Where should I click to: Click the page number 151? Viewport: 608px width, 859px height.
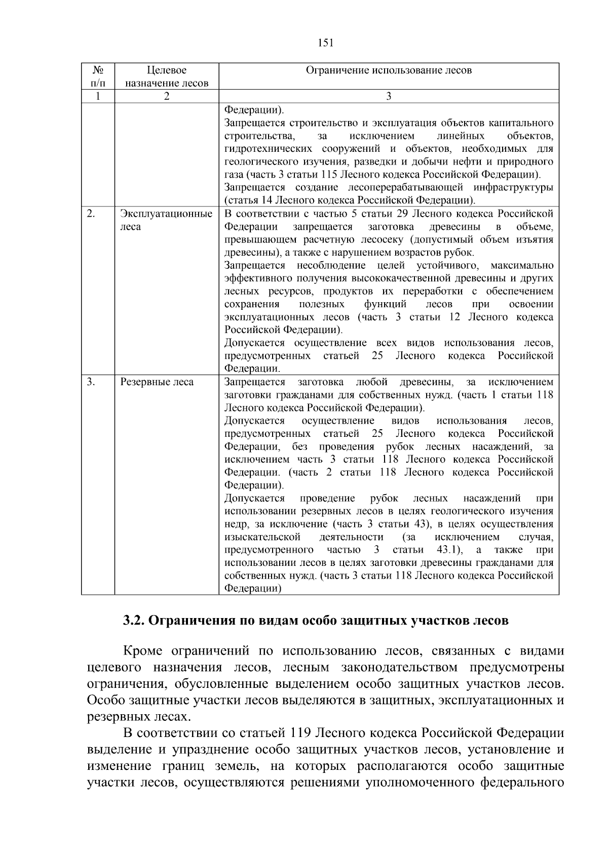(x=325, y=43)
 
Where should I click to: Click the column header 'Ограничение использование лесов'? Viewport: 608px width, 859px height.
(x=389, y=70)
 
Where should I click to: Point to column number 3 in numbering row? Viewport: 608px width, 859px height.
(x=389, y=97)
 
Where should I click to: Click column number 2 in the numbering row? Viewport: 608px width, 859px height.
(x=166, y=97)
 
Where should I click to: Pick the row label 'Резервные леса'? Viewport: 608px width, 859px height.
(x=157, y=382)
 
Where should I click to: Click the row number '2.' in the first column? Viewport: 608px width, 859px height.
(x=91, y=214)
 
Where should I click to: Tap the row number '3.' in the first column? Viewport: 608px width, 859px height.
(x=91, y=382)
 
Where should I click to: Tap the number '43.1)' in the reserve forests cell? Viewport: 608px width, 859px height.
(x=449, y=550)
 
